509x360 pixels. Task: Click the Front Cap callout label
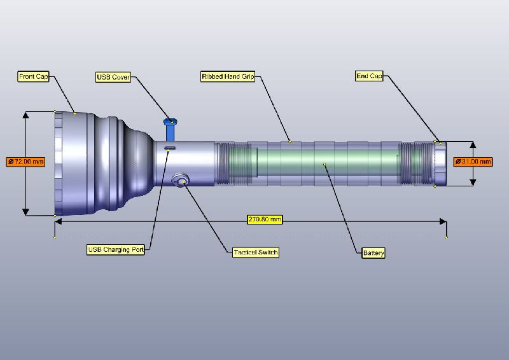[x=34, y=77]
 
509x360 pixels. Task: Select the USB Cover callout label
[x=113, y=78]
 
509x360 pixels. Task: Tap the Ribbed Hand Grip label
[x=228, y=76]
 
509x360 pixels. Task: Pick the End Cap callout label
[x=369, y=76]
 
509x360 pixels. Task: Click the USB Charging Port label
[x=116, y=250]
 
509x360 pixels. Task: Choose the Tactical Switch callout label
[x=256, y=253]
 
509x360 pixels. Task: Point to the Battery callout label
[x=373, y=253]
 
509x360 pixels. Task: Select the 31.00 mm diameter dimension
[x=473, y=162]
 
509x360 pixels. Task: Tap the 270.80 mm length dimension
[x=265, y=219]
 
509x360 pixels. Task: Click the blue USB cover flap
[x=171, y=130]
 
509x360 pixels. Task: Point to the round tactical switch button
[x=181, y=181]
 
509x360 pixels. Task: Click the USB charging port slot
[x=170, y=148]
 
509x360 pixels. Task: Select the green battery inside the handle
[x=324, y=164]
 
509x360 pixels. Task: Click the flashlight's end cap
[x=440, y=163]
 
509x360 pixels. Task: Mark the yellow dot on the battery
[x=324, y=164]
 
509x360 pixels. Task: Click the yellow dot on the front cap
[x=75, y=114]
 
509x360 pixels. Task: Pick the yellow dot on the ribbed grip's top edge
[x=289, y=141]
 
